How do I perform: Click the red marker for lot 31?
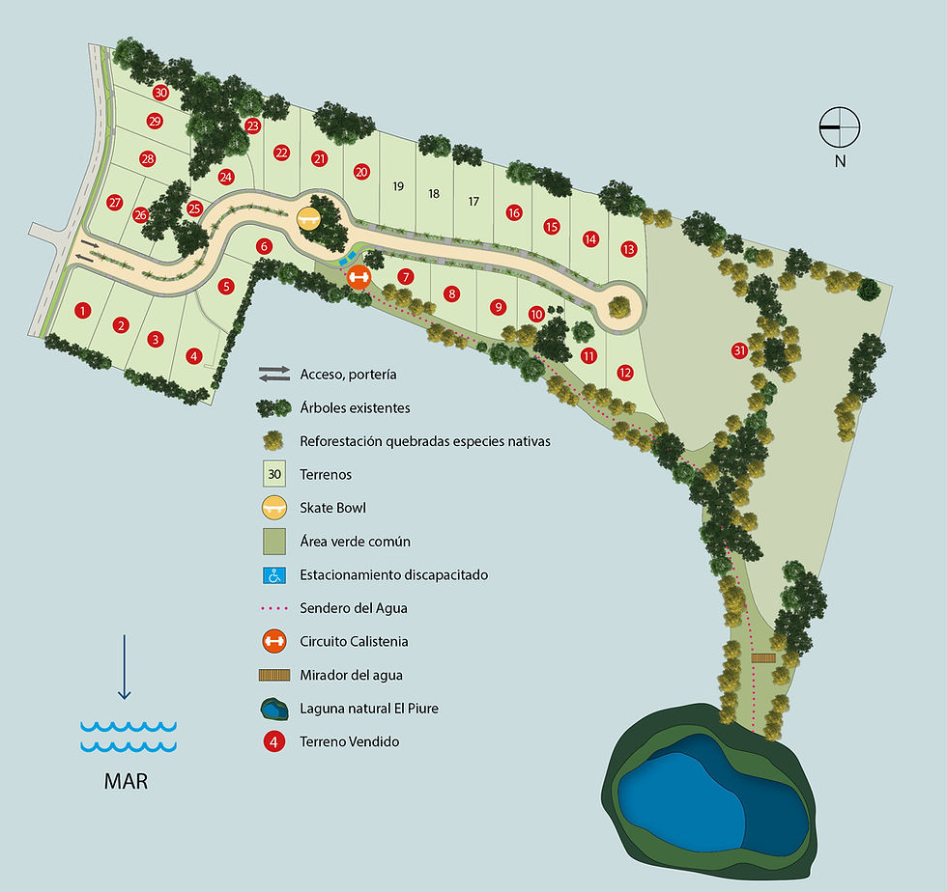(740, 349)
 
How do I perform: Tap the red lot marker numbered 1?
(83, 310)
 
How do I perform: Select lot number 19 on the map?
(397, 186)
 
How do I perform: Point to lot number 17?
(473, 202)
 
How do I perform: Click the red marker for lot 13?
(629, 249)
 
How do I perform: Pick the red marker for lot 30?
(160, 93)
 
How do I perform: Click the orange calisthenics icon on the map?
(359, 276)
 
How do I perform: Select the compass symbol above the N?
(840, 125)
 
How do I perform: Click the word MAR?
(127, 780)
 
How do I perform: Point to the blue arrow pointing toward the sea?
(124, 667)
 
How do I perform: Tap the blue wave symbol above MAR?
(128, 735)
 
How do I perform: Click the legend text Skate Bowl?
(333, 508)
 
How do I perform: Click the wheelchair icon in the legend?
(274, 575)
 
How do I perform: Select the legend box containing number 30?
(274, 475)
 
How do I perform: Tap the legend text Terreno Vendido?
(350, 741)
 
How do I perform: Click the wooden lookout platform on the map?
(763, 658)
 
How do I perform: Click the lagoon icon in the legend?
(274, 710)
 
